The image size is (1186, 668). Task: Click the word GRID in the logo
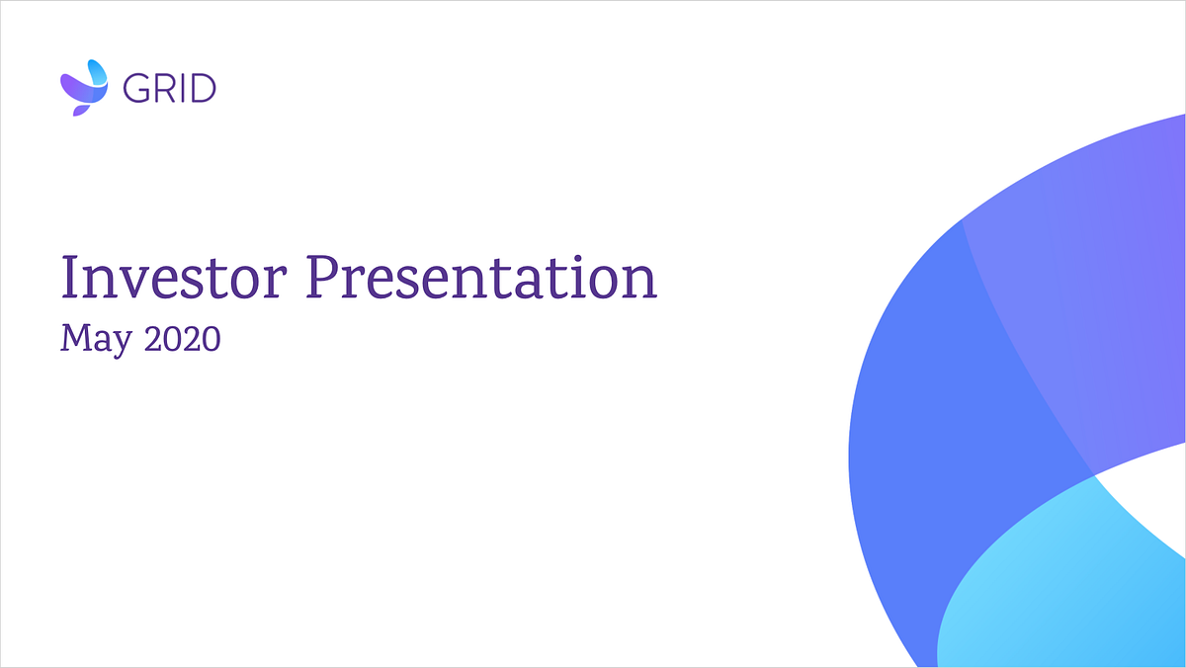coord(169,88)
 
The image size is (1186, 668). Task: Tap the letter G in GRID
coord(135,88)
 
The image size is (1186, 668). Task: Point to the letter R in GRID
coord(166,88)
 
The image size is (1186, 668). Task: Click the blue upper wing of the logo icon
coord(98,72)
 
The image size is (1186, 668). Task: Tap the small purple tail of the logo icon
coord(80,111)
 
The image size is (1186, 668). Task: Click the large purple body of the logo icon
coord(80,89)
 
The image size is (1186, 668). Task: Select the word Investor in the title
coord(174,278)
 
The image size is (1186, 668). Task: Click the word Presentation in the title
coord(482,278)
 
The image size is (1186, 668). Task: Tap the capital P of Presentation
coord(324,278)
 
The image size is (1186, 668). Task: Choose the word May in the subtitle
coord(97,339)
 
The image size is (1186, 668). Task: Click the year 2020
coord(183,339)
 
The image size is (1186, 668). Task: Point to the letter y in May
coord(122,345)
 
